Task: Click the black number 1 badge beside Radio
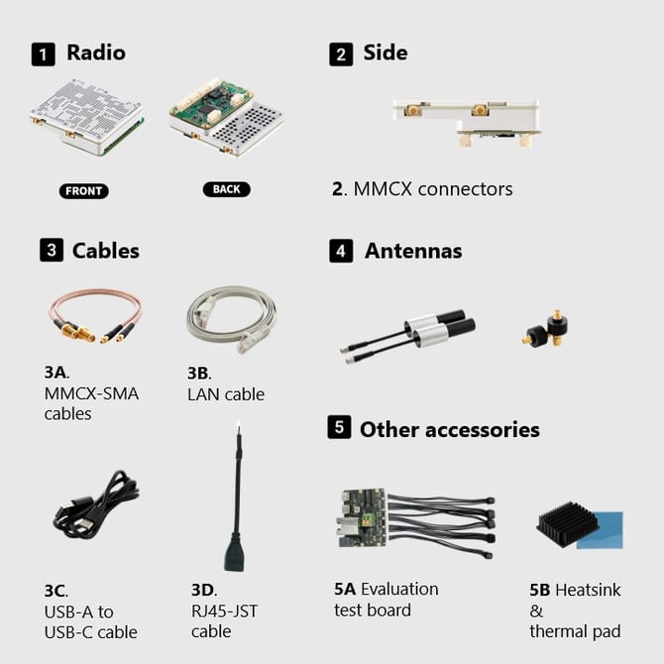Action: [43, 54]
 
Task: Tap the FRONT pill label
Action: [83, 190]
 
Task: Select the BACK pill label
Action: [226, 189]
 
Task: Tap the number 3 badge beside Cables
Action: [52, 250]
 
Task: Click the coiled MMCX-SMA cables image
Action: [95, 316]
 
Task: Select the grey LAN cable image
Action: [232, 317]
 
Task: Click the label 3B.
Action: [198, 373]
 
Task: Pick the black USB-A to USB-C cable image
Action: [93, 505]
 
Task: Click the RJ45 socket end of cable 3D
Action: [235, 557]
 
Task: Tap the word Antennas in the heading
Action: [413, 251]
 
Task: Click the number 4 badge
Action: [341, 251]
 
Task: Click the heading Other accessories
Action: [449, 429]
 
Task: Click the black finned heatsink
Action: [566, 522]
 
